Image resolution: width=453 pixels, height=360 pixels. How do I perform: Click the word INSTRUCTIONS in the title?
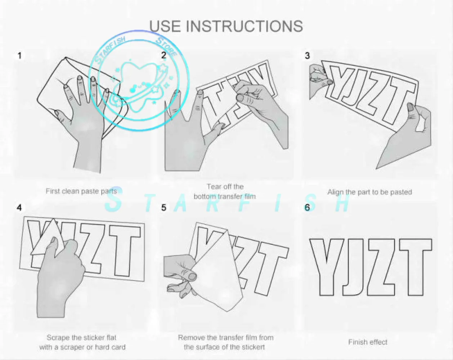coord(245,26)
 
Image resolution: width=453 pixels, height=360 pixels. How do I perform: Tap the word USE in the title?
coord(165,26)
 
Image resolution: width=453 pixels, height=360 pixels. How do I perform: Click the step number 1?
coord(19,56)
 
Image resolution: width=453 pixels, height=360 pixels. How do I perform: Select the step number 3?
coord(307,56)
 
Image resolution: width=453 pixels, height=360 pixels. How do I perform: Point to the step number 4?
coord(19,208)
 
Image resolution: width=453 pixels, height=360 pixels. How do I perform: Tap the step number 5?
coord(164,208)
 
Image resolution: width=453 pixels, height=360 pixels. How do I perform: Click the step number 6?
coord(307,208)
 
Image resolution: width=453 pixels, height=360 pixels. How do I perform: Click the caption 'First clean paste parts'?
coord(81,192)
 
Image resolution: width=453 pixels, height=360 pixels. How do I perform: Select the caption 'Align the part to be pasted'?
coord(370,192)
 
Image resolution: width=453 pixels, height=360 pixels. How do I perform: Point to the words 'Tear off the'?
coord(225,187)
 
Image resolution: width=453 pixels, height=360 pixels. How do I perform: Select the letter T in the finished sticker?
coord(416,267)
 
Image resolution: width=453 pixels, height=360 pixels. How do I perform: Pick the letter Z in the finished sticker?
coord(381,267)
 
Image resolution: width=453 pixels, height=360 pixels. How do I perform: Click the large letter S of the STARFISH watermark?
coord(114,199)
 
